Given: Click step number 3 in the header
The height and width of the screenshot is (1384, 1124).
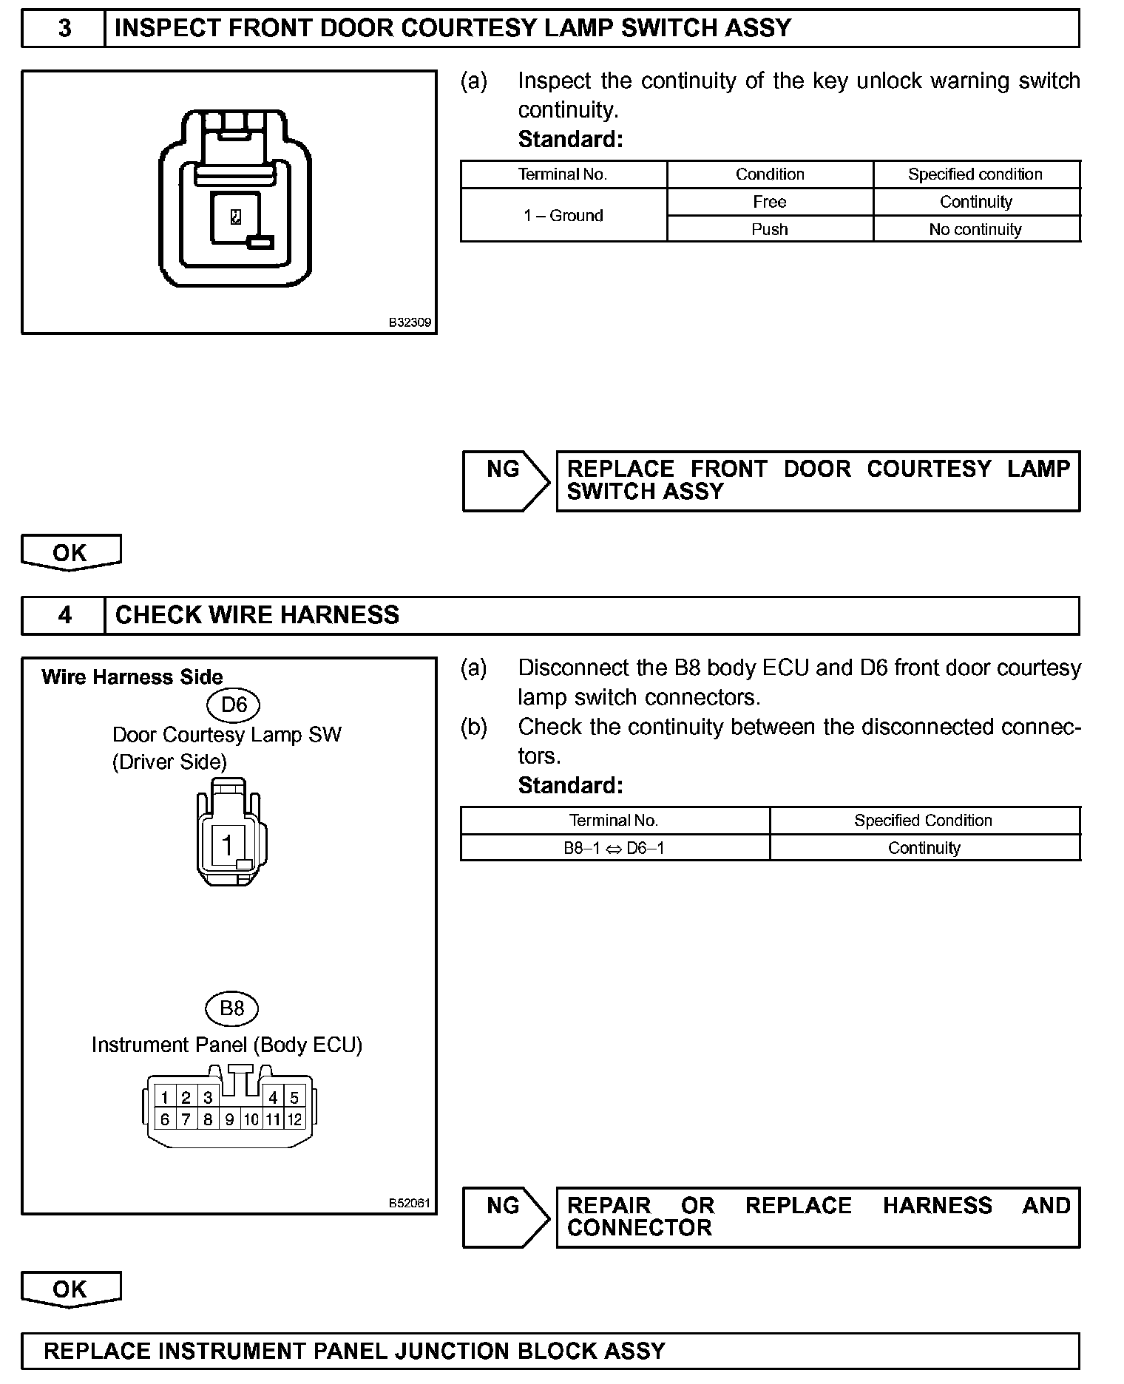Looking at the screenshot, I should tap(64, 28).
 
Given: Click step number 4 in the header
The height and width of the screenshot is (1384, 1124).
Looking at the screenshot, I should tap(64, 615).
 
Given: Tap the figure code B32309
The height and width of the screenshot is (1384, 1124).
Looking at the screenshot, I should tap(410, 323).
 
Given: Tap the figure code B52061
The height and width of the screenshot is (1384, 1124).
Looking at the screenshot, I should tap(410, 1203).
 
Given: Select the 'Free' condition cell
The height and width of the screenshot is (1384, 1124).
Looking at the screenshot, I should tap(769, 202).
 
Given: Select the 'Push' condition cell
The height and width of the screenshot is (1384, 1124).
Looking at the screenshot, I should tap(769, 229).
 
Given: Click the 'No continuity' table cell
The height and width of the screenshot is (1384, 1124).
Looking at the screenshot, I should tap(975, 229).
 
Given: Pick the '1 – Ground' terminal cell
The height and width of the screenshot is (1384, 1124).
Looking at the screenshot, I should tap(563, 215).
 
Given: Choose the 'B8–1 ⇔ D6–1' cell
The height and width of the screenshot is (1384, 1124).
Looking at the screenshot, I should tap(614, 848).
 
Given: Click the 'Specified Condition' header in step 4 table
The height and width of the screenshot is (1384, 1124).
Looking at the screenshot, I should tap(923, 820).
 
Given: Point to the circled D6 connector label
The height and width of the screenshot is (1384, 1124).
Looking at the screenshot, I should tap(234, 705).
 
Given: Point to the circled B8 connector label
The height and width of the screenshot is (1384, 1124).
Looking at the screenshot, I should tap(232, 1008).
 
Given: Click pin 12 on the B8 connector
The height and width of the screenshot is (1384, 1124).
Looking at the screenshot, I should tap(295, 1119).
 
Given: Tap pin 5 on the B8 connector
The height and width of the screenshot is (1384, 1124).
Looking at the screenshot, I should tap(294, 1098).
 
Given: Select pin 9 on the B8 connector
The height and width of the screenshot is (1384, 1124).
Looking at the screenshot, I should tap(229, 1119).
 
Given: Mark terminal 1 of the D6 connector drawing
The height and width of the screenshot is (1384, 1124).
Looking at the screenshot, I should tap(228, 844).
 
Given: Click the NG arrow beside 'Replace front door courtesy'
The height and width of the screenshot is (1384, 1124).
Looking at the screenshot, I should tap(505, 481).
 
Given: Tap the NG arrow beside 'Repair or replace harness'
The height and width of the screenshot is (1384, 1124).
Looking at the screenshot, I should tap(505, 1218).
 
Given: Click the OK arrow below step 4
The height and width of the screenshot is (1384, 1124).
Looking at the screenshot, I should tap(70, 1289).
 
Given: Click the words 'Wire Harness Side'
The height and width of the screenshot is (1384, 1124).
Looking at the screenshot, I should tap(132, 676).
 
